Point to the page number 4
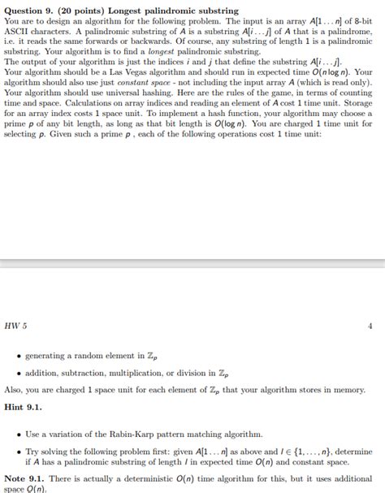[x=370, y=326]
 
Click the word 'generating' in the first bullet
[x=50, y=355]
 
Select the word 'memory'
[x=345, y=389]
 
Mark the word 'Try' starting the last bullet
[x=32, y=452]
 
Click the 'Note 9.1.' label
[x=24, y=479]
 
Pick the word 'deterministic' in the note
[x=145, y=479]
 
